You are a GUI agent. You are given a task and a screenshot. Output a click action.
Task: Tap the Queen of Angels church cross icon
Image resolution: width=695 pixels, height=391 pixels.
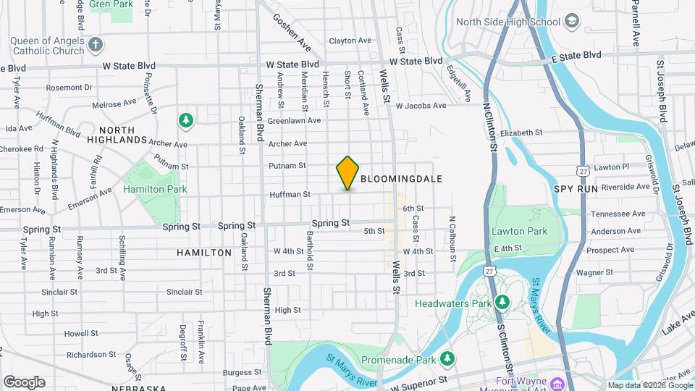point(96,46)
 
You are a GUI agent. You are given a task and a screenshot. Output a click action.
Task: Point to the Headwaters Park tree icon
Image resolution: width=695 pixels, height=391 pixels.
point(501,301)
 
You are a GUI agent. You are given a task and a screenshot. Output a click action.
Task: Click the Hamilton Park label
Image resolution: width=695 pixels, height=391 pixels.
point(155,189)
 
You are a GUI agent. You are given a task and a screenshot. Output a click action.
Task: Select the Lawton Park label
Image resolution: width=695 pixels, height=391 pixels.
point(519,232)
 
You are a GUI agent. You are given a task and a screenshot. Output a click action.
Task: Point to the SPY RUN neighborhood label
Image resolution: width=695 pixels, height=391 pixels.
point(578,188)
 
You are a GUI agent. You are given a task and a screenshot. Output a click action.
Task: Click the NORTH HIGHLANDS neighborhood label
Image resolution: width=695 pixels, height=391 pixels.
point(117,134)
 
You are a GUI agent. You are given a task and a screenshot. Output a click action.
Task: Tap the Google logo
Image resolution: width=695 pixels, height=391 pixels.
point(24,382)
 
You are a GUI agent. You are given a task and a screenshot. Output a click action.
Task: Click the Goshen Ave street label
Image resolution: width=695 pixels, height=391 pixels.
point(292,33)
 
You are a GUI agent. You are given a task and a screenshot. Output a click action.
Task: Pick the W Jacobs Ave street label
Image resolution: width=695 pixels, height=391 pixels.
point(421,106)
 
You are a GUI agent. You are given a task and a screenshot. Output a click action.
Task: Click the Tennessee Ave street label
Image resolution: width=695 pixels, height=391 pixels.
point(618,214)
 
